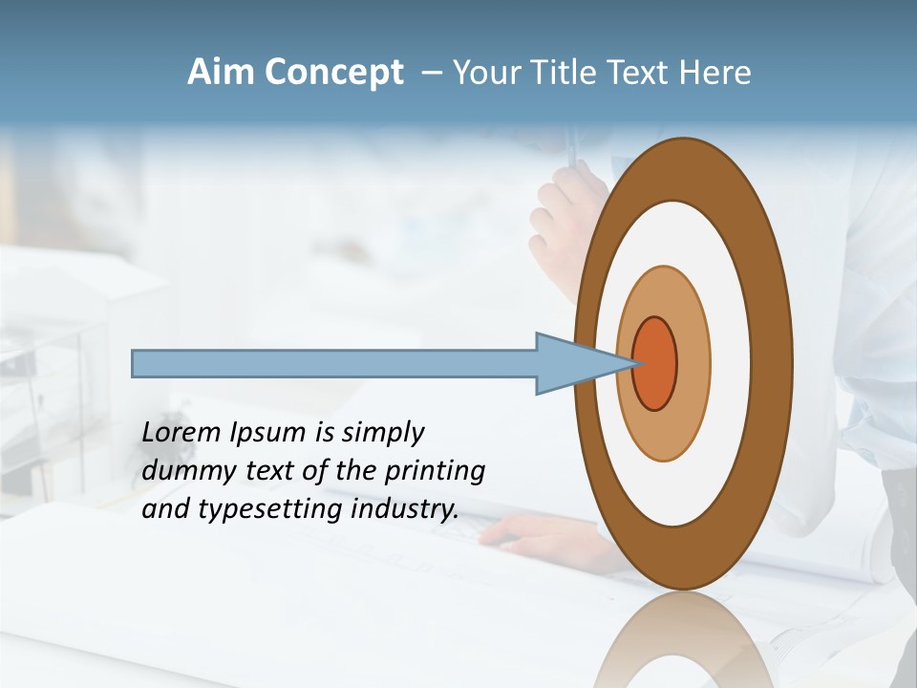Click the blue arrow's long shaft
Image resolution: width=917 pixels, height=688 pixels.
tap(334, 363)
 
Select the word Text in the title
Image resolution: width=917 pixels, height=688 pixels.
tap(641, 73)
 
